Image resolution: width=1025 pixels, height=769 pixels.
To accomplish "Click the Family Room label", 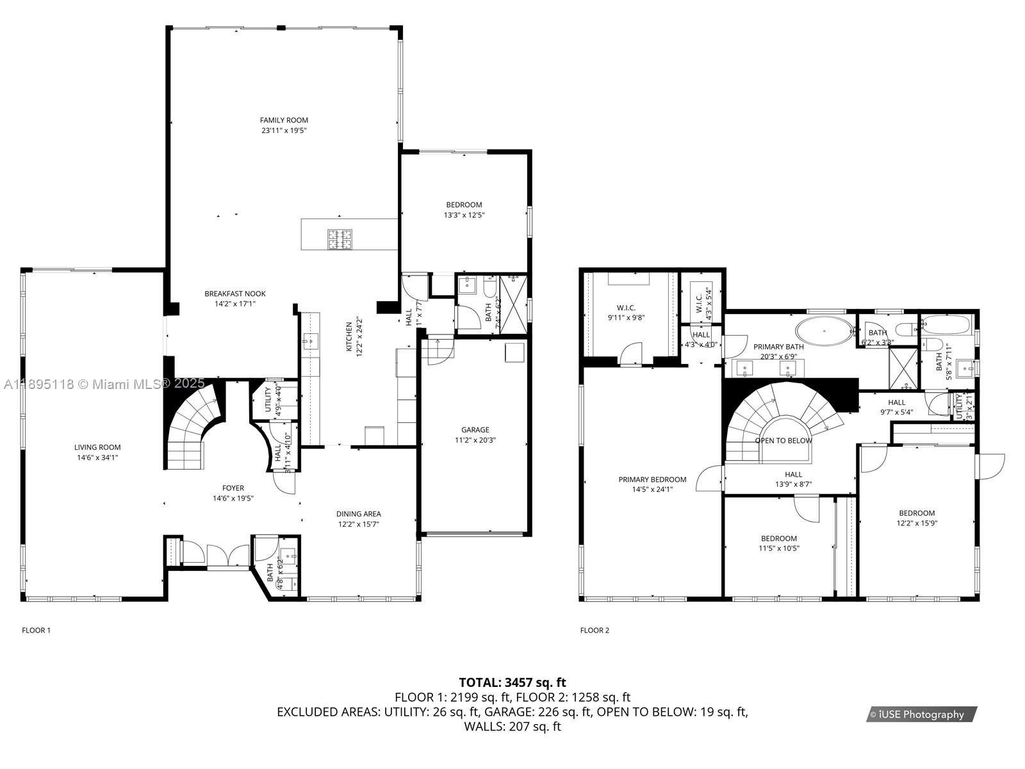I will (x=284, y=120).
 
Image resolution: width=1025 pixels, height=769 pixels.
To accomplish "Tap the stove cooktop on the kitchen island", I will (x=341, y=239).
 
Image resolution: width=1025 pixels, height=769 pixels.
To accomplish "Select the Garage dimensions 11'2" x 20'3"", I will (x=475, y=440).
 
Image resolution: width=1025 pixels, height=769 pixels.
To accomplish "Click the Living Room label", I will (x=97, y=447).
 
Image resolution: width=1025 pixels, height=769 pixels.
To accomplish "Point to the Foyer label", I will (x=233, y=488).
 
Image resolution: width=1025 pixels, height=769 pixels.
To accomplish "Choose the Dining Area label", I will (x=359, y=514).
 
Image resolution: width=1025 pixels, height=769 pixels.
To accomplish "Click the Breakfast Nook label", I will (x=235, y=294).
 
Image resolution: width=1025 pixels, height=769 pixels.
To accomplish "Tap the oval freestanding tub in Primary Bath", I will (x=825, y=332).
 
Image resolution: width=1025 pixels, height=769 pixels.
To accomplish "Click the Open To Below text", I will (x=783, y=441).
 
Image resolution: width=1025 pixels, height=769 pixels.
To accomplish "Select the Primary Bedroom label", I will (x=652, y=479).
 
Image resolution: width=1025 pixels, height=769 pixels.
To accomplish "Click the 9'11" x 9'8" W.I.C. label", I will (x=626, y=308).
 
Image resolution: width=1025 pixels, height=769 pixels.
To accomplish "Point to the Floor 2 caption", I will (x=594, y=631).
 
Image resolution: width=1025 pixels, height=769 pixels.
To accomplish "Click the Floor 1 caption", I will (x=37, y=631).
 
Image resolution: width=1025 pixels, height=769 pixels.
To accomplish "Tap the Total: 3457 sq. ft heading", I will (x=512, y=682).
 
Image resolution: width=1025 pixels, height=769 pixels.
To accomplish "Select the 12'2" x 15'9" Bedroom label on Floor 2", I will (x=917, y=513).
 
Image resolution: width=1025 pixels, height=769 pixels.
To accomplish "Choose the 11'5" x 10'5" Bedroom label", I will (x=779, y=539).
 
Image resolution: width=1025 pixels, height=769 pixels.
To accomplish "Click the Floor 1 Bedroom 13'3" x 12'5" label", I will (x=464, y=205).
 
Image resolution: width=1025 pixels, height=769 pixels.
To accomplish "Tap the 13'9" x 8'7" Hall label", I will (x=793, y=475).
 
